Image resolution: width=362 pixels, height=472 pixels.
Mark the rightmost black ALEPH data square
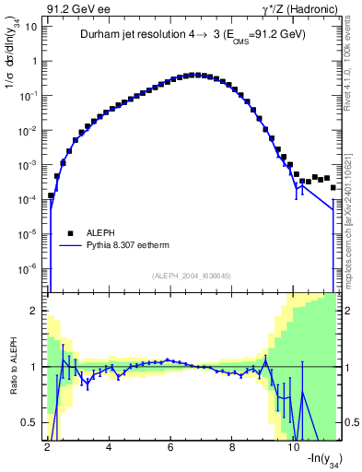click(x=333, y=187)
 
